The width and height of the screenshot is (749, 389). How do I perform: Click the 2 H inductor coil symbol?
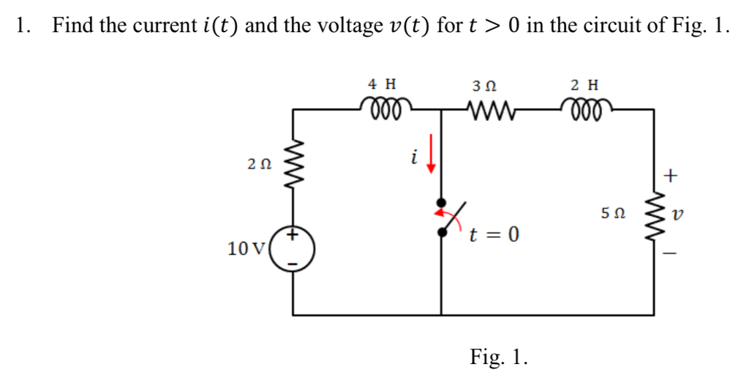pos(587,108)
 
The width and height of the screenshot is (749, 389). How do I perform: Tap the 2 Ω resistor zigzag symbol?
pos(295,166)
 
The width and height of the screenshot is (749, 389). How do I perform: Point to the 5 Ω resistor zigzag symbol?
pos(652,215)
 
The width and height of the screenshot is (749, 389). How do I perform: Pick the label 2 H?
pos(585,84)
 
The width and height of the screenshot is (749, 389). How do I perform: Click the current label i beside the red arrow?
pos(413,156)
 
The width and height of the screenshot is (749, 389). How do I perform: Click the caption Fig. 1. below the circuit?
pos(498,357)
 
